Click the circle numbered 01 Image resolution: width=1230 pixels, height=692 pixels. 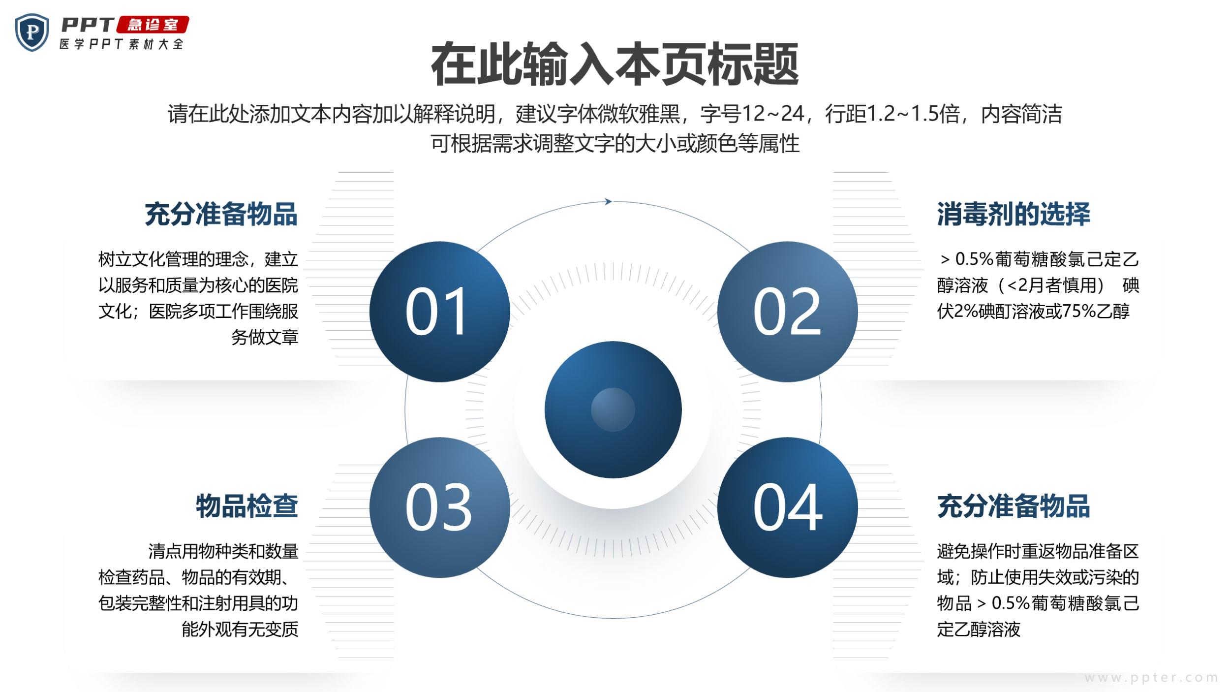click(x=439, y=312)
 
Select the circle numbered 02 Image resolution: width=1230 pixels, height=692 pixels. click(x=787, y=312)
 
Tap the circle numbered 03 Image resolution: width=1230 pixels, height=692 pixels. click(x=439, y=507)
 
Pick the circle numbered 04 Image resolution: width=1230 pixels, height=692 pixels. click(x=787, y=507)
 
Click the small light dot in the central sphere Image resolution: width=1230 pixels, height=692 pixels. click(x=613, y=409)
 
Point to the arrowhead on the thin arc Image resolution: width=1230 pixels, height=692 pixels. click(x=609, y=201)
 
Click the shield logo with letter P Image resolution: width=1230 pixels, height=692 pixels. click(x=32, y=32)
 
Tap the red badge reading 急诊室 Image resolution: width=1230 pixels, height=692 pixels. click(x=153, y=25)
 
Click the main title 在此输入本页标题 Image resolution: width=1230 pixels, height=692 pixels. click(x=615, y=64)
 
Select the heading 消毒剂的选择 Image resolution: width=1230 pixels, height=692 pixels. click(x=1014, y=214)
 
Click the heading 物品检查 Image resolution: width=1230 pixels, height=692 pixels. click(x=247, y=506)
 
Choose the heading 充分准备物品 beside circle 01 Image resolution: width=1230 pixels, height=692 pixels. click(x=221, y=214)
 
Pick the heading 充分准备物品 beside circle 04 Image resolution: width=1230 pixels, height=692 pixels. click(x=1014, y=506)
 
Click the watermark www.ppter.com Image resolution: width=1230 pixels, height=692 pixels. click(x=1151, y=678)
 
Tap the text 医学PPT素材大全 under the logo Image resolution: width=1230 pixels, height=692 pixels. click(x=122, y=44)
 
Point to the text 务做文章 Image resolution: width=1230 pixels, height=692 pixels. click(x=265, y=337)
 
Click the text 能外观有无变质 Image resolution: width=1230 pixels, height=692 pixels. click(x=240, y=629)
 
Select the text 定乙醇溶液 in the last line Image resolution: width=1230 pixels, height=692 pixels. click(x=979, y=629)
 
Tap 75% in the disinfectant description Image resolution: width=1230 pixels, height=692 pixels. click(x=1078, y=311)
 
